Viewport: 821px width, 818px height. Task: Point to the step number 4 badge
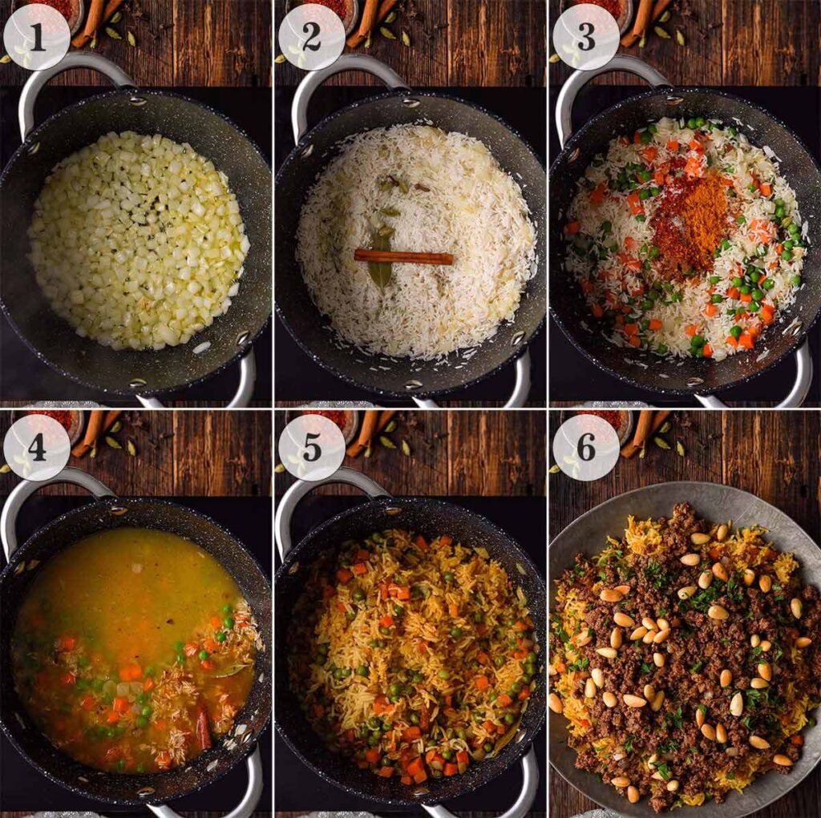pos(36,447)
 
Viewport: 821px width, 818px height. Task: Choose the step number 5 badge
pos(311,447)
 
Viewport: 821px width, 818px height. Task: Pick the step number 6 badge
pos(585,447)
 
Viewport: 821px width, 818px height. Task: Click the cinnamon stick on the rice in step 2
pos(403,256)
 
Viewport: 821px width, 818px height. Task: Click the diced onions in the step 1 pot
pos(136,240)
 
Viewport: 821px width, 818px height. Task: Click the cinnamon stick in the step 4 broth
pos(202,725)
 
